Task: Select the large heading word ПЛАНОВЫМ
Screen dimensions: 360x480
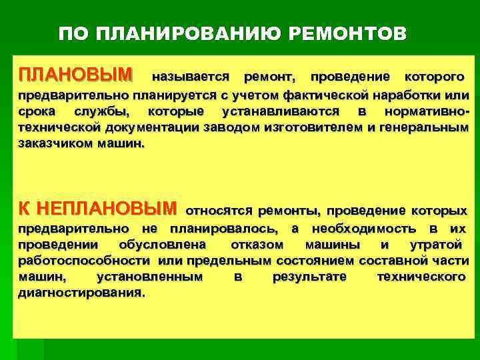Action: pos(75,72)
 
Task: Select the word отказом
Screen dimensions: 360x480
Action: pos(253,245)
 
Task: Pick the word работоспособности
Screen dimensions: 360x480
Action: pos(85,261)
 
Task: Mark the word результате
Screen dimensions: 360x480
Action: pos(309,277)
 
